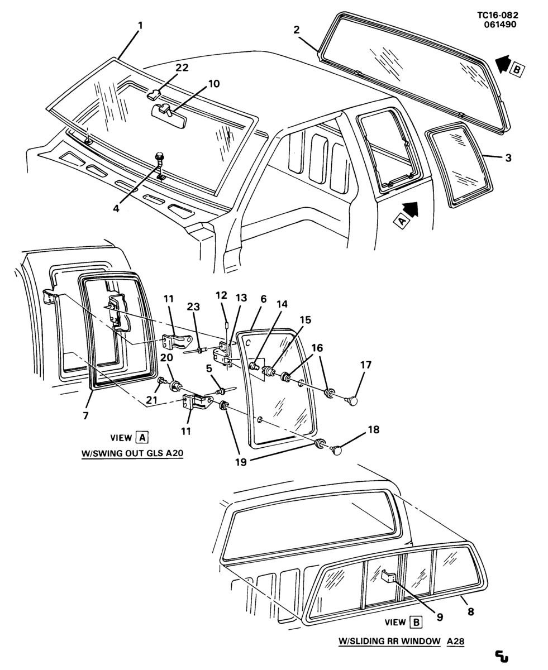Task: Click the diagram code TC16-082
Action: coord(498,15)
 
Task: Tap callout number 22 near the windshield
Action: coord(182,68)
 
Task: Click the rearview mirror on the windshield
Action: coord(169,116)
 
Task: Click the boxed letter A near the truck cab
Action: coord(403,221)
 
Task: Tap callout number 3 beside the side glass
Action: coord(508,157)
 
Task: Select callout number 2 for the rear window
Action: coord(296,30)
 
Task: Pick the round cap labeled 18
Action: coord(337,449)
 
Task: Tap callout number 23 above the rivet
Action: coord(193,307)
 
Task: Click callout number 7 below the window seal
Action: coord(86,415)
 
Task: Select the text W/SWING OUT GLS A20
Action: coord(132,453)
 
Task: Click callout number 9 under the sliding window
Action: coord(440,617)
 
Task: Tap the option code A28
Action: coord(455,641)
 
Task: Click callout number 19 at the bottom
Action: coord(241,462)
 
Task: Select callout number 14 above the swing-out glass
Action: coord(282,304)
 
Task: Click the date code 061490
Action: coord(500,25)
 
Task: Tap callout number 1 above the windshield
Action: coord(140,26)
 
